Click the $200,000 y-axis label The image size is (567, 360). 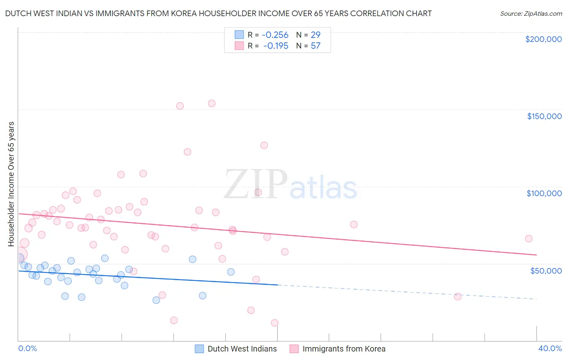tap(543, 39)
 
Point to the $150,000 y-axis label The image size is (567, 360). tap(544, 116)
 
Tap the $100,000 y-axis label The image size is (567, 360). tap(544, 193)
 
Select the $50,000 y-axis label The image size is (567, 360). tap(546, 270)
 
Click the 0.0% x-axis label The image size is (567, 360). tap(27, 348)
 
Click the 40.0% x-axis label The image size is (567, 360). tap(550, 348)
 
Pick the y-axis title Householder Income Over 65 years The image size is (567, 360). tap(11, 184)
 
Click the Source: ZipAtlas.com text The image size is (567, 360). tap(531, 14)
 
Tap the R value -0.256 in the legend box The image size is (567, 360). tap(275, 35)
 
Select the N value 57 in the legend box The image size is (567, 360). tap(315, 46)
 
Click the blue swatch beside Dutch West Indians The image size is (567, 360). tap(199, 349)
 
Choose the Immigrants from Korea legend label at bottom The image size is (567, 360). tap(344, 349)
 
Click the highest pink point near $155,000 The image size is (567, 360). tap(211, 103)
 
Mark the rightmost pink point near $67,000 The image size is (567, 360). tap(528, 239)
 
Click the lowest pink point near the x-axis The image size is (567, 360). tap(275, 323)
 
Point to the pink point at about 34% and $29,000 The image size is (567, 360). tap(457, 297)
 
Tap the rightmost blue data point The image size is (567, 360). tap(231, 272)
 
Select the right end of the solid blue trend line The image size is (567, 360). tap(277, 285)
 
